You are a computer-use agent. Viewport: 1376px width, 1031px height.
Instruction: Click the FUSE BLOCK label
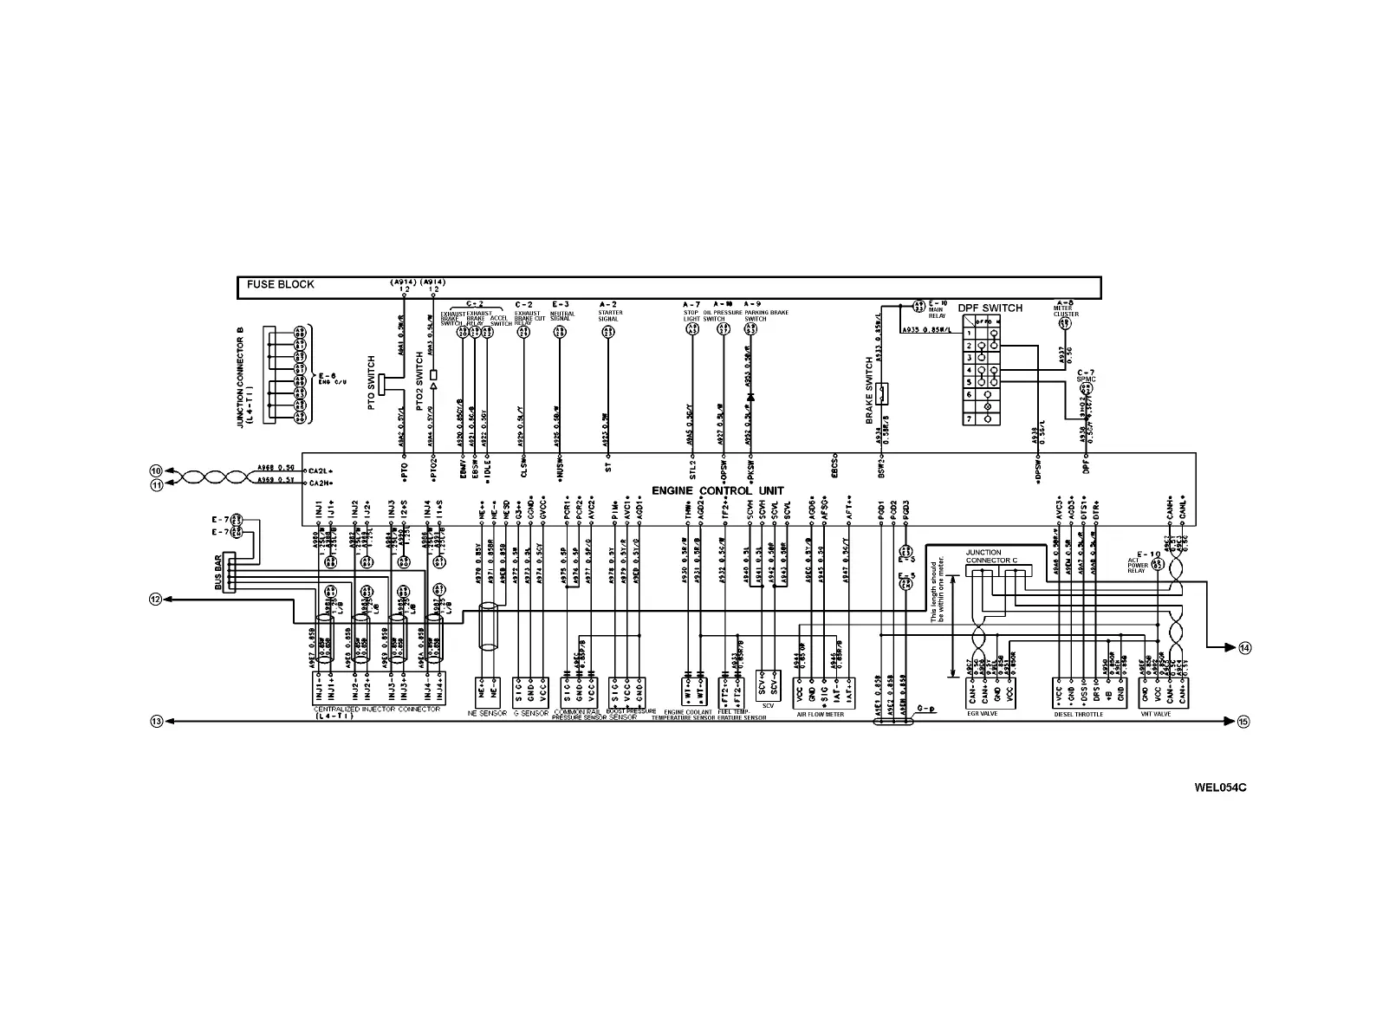click(280, 284)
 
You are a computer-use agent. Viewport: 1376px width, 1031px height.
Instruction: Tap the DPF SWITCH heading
click(990, 308)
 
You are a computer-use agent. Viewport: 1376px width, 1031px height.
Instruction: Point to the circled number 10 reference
click(157, 470)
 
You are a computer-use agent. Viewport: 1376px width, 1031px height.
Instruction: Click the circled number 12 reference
click(155, 599)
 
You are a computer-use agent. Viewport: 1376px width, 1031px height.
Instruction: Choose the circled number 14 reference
click(1245, 648)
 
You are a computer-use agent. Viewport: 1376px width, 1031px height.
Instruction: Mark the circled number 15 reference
click(1243, 721)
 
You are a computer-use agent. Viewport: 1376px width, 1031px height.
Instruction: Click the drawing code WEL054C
click(1220, 788)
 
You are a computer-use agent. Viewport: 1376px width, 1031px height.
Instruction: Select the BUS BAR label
click(218, 573)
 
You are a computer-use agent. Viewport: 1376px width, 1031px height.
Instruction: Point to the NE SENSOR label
click(487, 713)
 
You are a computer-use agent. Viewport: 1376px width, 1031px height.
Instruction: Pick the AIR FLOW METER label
click(820, 715)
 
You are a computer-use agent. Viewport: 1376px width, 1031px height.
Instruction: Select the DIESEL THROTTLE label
click(1079, 715)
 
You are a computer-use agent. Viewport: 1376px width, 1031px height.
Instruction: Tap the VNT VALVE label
click(1157, 715)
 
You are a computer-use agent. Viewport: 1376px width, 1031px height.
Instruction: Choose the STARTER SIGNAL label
click(609, 315)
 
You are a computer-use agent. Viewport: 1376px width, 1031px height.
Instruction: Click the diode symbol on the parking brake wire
click(750, 397)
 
